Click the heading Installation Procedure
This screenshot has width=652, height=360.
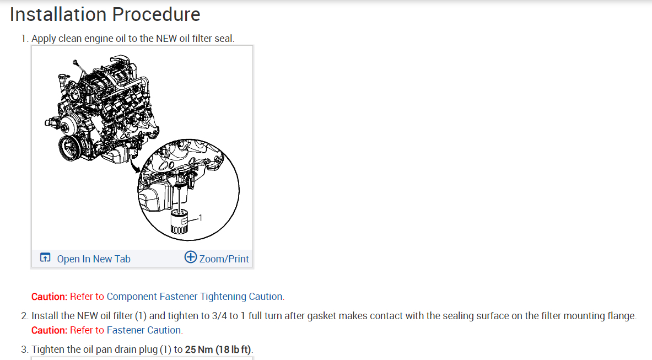point(105,14)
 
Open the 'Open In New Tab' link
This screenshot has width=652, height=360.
point(94,259)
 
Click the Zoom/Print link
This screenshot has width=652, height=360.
point(224,259)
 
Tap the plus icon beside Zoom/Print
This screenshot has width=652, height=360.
point(190,257)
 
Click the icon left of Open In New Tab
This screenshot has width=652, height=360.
point(45,258)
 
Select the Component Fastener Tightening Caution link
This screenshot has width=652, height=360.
point(195,297)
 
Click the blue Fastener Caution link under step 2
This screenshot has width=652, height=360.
point(143,330)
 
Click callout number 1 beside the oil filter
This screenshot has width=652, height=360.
point(200,218)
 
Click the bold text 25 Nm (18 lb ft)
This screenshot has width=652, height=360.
point(218,350)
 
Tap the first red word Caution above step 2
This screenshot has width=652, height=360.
point(49,297)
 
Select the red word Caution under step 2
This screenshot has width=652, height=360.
point(49,330)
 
